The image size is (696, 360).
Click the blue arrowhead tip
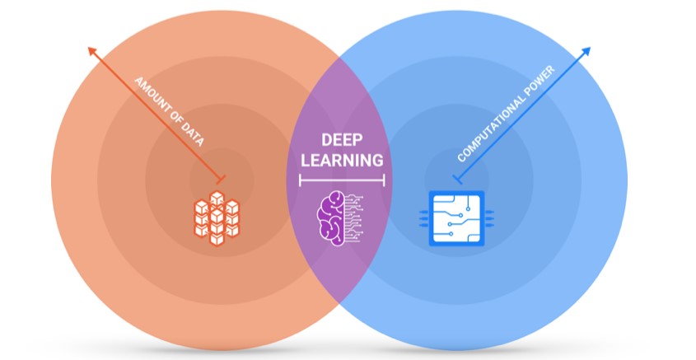590,48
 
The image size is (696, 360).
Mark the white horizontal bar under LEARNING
341,179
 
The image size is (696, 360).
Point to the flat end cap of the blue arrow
455,179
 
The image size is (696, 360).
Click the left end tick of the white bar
300,179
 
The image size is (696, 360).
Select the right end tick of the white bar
383,179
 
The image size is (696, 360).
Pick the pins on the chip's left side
425,218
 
